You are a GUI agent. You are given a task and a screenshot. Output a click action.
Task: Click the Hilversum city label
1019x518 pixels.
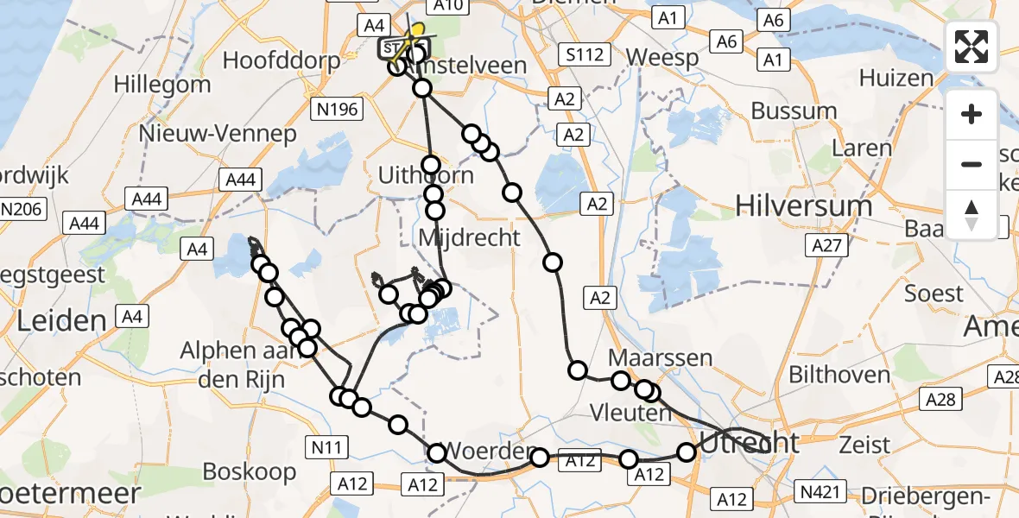click(x=804, y=205)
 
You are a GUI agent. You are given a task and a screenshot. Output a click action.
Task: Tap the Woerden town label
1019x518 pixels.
click(x=488, y=452)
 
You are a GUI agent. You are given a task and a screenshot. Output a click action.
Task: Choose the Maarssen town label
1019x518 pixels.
click(x=661, y=357)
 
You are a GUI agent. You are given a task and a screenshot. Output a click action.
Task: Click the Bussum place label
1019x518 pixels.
click(x=794, y=111)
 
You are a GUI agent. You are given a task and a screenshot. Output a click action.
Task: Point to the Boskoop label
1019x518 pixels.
click(x=250, y=471)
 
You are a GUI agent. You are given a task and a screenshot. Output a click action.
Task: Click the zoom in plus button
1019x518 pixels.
click(x=972, y=114)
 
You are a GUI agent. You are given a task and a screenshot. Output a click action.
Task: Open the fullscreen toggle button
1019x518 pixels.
click(x=972, y=47)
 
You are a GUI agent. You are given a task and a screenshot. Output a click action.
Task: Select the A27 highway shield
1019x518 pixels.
click(x=826, y=246)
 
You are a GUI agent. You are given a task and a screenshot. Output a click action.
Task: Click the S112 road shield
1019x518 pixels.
click(x=584, y=54)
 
